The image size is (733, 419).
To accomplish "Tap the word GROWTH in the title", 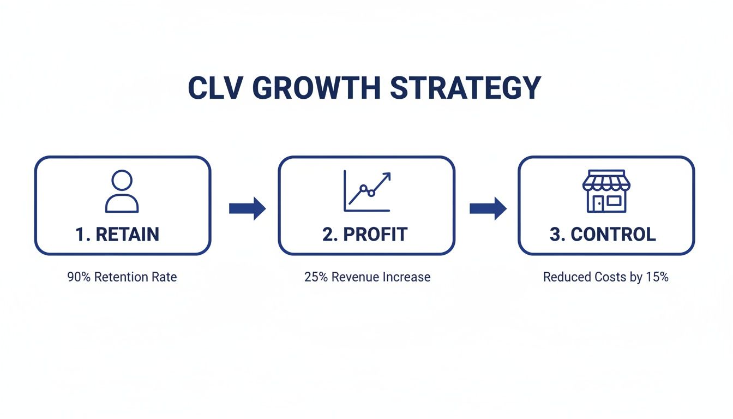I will click(316, 88).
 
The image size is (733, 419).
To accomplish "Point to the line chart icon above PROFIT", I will click(367, 191).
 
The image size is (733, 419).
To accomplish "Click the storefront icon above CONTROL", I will click(606, 191).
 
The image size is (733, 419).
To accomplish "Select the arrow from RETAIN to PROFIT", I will click(247, 208).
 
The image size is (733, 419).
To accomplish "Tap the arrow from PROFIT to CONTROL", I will click(488, 208).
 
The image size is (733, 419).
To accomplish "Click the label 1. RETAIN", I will click(117, 234).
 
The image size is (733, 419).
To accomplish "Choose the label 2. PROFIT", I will click(365, 234).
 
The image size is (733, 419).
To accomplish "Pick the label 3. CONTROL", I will click(603, 234).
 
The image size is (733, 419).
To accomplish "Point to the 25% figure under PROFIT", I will click(316, 277).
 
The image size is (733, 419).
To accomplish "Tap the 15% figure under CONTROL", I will click(657, 277).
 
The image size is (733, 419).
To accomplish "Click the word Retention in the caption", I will click(121, 277).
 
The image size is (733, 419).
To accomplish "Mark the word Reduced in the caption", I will click(565, 277).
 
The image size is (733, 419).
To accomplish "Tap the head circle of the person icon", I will click(122, 180).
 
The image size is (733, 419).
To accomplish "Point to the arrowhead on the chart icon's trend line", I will click(387, 177).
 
